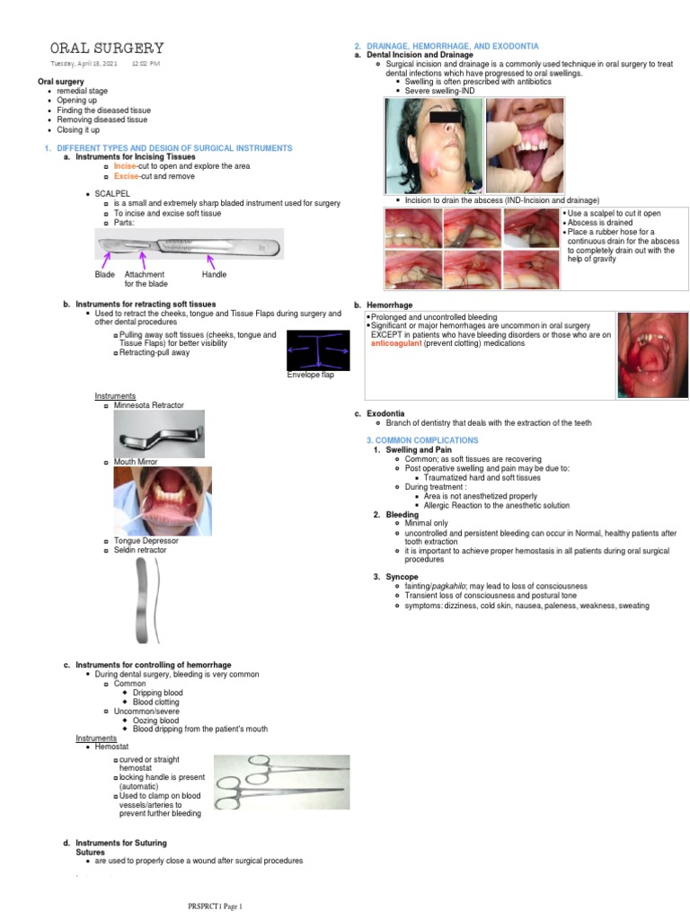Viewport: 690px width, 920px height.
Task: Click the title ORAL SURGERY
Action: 106,48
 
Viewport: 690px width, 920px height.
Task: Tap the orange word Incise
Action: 124,166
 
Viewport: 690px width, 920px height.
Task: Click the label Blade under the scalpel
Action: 104,274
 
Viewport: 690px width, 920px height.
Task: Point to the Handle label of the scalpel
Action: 214,274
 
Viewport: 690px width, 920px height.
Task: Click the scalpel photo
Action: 189,243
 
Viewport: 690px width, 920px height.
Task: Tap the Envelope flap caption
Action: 310,375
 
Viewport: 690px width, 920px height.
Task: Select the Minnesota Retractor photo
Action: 158,434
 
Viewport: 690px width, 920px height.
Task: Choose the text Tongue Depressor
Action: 146,541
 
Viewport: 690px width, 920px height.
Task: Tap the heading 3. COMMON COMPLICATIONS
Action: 422,440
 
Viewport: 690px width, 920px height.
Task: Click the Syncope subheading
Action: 402,576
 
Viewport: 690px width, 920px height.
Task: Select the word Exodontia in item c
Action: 385,413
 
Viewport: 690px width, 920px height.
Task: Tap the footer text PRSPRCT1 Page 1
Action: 215,907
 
